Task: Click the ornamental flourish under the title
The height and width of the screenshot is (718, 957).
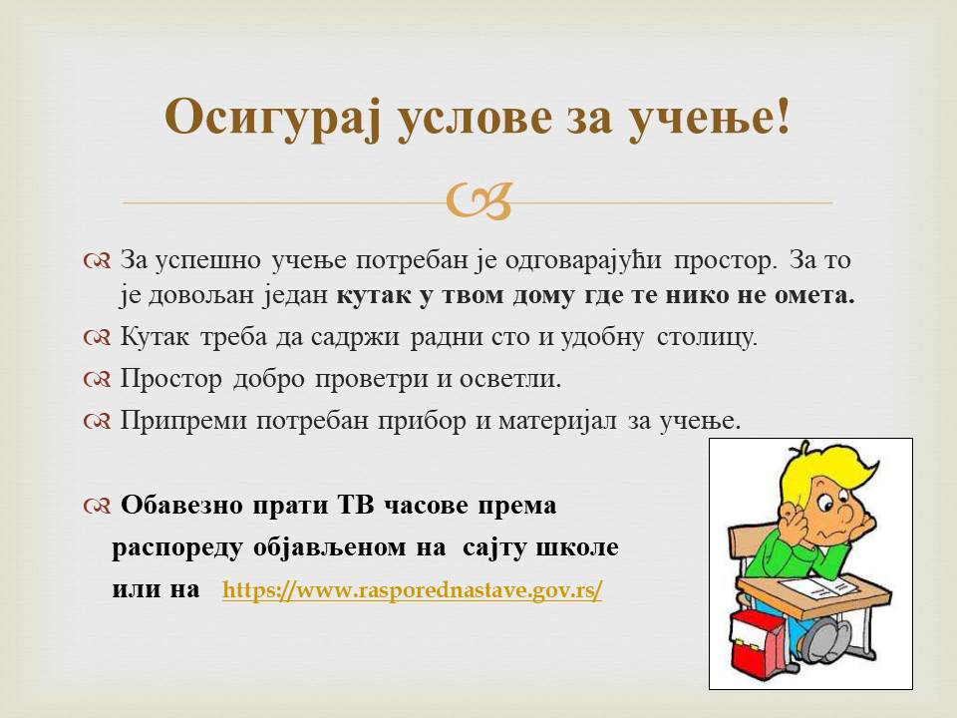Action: tap(478, 202)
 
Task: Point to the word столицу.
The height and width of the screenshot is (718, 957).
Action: tap(707, 336)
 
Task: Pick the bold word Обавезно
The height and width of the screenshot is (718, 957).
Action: tap(181, 506)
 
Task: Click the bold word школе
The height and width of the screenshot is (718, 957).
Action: tap(577, 547)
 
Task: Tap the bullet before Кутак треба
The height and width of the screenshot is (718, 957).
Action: tap(97, 337)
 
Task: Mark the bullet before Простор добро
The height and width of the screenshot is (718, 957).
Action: tap(97, 380)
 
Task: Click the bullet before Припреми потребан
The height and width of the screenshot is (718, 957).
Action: tap(97, 421)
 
